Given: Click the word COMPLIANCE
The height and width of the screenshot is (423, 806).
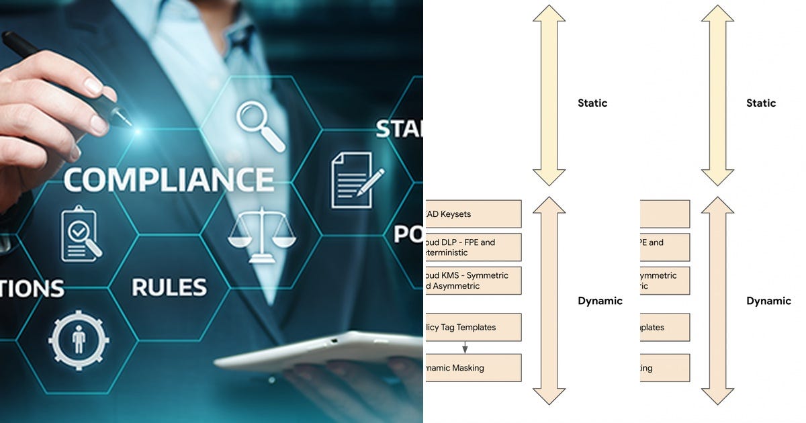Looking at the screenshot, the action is [x=169, y=179].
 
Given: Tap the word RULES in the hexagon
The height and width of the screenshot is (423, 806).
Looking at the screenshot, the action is [x=169, y=287].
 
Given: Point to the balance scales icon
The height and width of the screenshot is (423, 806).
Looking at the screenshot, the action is [x=261, y=235].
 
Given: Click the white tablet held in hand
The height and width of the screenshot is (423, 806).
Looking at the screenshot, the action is [x=316, y=349].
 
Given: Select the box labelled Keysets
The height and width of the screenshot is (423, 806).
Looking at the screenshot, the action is [x=473, y=214].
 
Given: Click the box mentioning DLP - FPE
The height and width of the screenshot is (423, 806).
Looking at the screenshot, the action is [x=473, y=248].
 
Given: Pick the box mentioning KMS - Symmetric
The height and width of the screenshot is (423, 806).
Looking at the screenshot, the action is [x=473, y=281].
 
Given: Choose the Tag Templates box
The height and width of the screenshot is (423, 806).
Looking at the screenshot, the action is [x=473, y=327].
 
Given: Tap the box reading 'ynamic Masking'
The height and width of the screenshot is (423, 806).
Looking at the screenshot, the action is [x=473, y=368].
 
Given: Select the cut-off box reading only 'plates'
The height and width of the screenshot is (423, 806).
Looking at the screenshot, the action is [x=664, y=327].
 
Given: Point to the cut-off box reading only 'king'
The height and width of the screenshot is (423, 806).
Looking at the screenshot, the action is [x=664, y=368].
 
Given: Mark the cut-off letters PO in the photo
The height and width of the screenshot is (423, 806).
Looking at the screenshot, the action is [x=408, y=234].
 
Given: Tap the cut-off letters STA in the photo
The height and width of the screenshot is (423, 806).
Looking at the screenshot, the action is [x=399, y=129].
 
